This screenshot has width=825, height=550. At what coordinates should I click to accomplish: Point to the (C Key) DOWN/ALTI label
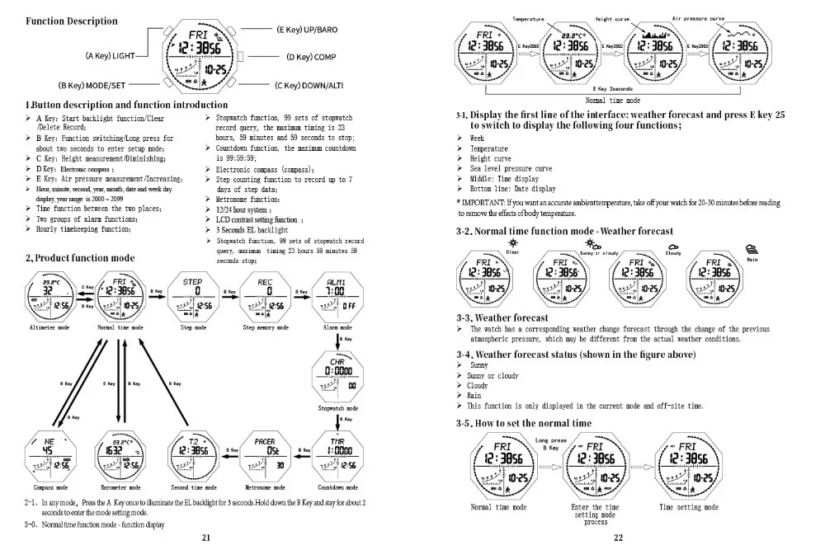click(x=315, y=84)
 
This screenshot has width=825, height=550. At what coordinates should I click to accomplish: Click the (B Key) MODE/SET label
click(x=91, y=84)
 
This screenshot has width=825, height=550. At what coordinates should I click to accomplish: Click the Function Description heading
click(x=71, y=21)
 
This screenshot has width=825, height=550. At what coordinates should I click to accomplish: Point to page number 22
click(x=618, y=537)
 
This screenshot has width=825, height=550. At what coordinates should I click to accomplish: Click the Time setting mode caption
click(x=689, y=507)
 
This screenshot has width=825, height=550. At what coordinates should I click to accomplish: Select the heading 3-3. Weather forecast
click(x=502, y=317)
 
